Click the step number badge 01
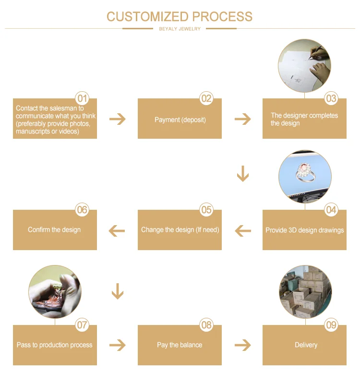[x=83, y=99]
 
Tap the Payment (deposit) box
[x=180, y=119]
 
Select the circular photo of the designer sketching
[x=304, y=65]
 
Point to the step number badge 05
[x=206, y=210]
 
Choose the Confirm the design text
[x=54, y=229]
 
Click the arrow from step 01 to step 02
[x=117, y=119]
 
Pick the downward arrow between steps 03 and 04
[x=243, y=174]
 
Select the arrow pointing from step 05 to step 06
[x=117, y=231]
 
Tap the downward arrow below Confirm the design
[x=117, y=291]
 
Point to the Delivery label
[x=306, y=345]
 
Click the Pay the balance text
[x=180, y=345]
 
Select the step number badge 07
[x=83, y=325]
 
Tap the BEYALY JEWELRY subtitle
[x=180, y=29]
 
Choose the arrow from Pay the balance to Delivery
[x=243, y=345]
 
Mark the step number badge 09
[x=331, y=325]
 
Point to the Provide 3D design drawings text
[x=304, y=230]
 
